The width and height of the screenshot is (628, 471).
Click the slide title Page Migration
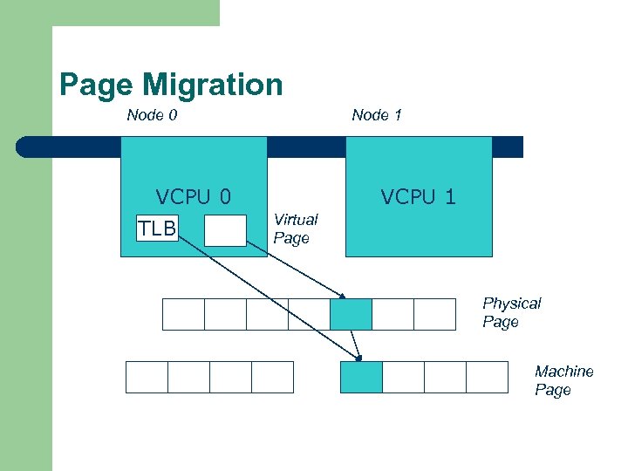tap(171, 85)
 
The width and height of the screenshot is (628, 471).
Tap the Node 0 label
tap(152, 114)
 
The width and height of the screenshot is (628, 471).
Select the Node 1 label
tap(377, 114)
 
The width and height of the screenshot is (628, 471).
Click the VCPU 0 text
tap(192, 197)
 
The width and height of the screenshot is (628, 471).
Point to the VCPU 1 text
tap(418, 197)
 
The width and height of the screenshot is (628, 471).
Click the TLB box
tap(157, 229)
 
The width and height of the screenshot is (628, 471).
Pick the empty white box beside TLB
tap(225, 231)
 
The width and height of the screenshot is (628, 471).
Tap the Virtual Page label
tap(295, 229)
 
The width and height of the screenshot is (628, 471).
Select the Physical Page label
tap(511, 312)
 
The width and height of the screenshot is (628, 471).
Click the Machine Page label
tap(563, 380)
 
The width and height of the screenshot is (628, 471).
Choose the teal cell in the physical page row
tap(351, 314)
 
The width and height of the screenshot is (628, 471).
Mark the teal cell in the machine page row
tap(361, 377)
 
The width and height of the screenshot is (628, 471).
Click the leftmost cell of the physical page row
tap(183, 314)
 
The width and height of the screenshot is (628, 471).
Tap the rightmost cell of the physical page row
tap(434, 314)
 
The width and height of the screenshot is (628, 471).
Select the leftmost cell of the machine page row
tap(147, 377)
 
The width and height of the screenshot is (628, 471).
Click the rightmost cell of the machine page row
tap(487, 377)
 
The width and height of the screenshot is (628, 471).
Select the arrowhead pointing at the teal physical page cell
tap(343, 296)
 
